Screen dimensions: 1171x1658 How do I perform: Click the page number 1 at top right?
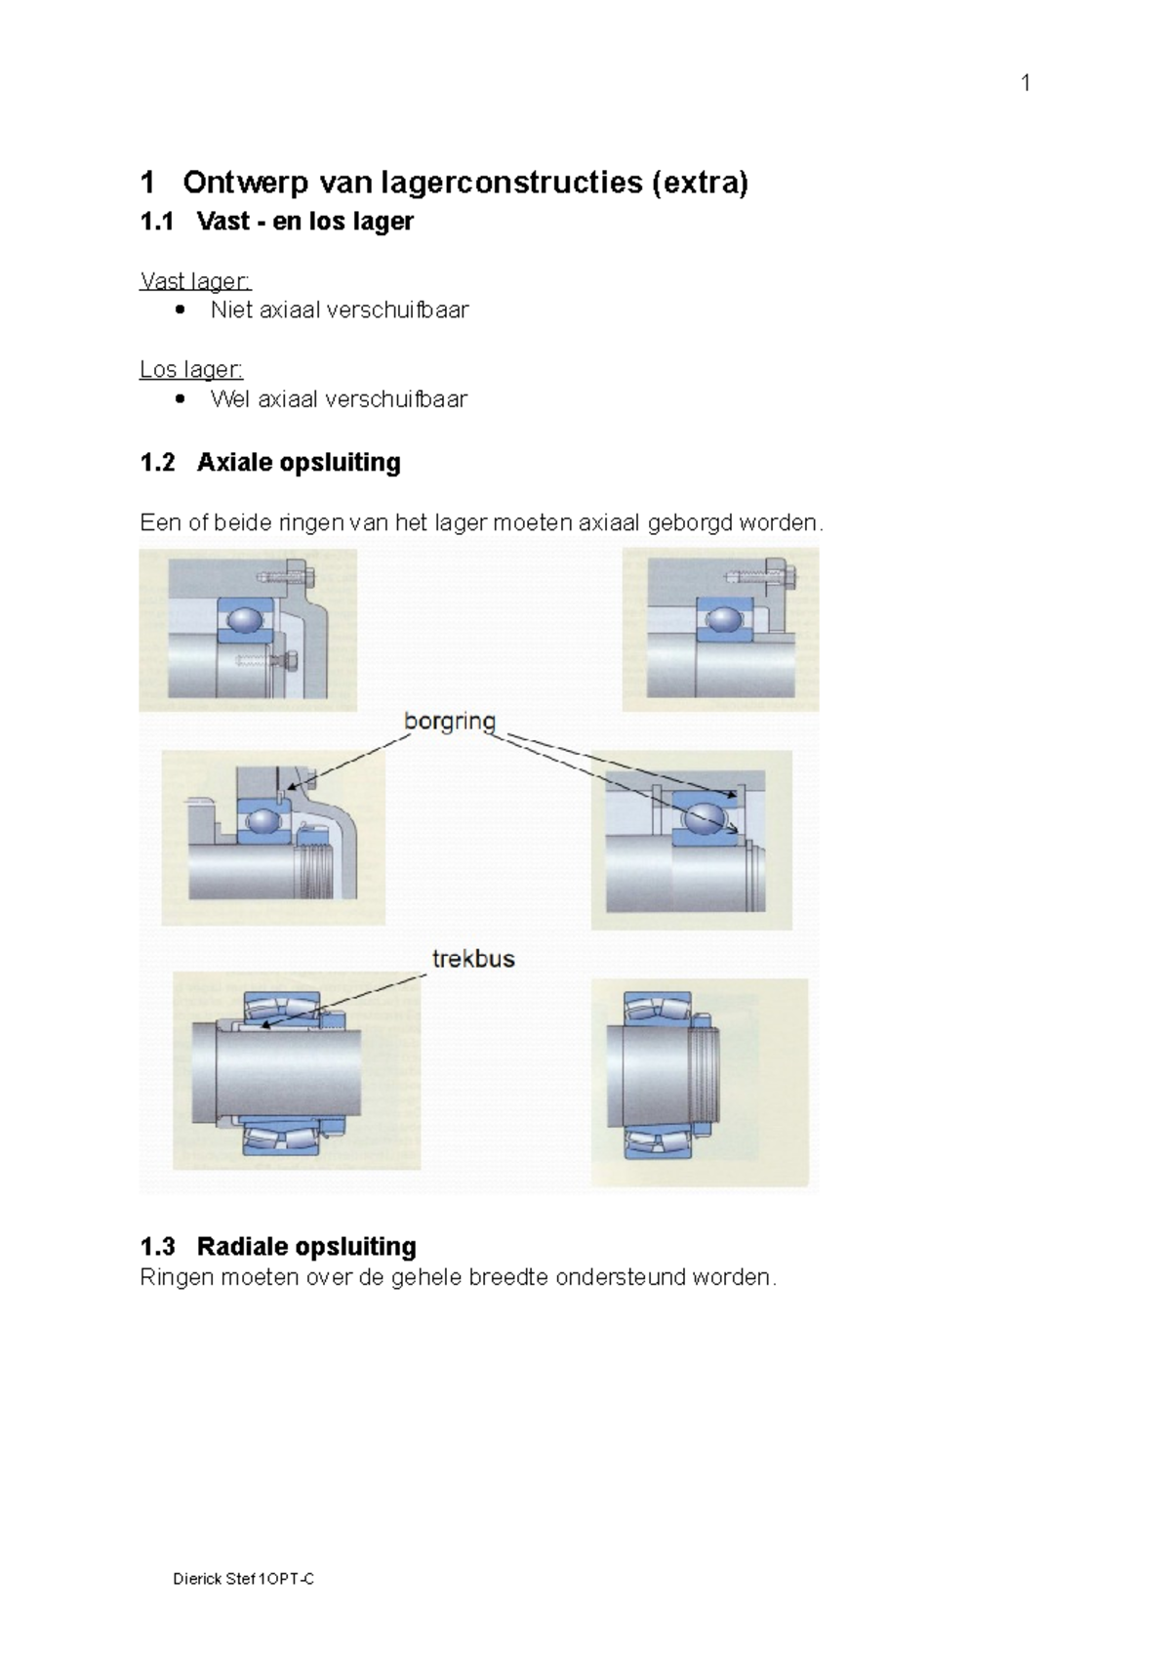tap(1026, 83)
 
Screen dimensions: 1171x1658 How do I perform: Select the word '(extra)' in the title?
tap(700, 183)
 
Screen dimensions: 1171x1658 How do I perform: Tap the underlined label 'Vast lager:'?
tap(196, 281)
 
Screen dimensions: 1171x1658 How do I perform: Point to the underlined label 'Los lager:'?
tap(191, 369)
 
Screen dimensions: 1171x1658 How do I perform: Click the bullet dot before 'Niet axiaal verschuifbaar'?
tap(180, 311)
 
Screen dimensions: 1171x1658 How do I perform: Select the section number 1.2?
tap(157, 462)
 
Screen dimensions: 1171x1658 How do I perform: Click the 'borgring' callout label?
tap(450, 722)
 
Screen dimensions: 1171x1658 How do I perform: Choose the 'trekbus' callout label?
tap(473, 959)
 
